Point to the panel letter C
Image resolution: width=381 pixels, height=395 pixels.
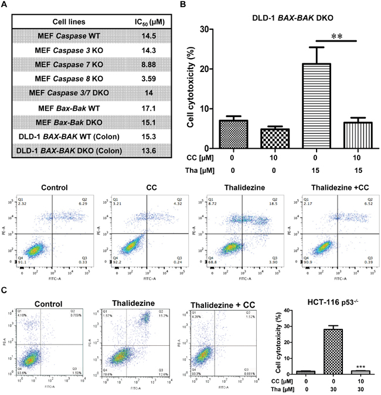pos(4,290)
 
